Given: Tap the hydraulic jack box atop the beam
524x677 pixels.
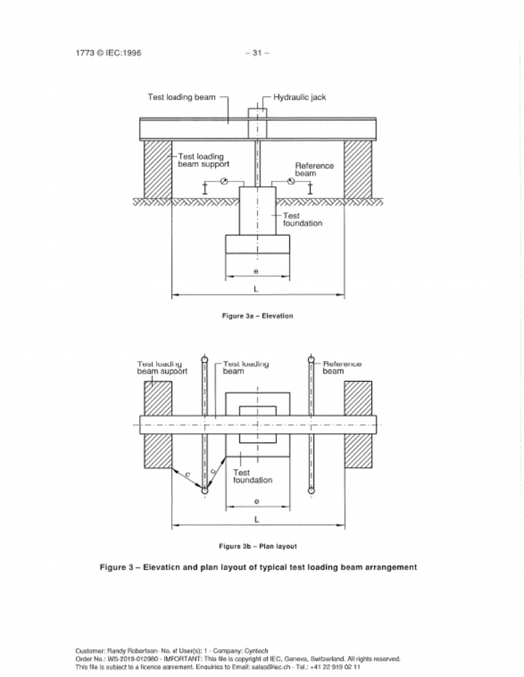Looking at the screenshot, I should (x=257, y=112).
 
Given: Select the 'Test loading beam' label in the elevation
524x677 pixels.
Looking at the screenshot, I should (x=181, y=97).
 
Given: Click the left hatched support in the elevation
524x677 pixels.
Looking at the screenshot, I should (x=157, y=167).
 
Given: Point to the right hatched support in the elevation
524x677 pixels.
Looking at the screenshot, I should (x=358, y=167).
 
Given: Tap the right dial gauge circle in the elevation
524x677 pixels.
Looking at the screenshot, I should (x=291, y=181).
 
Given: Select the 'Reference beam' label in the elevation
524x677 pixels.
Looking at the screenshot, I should (x=314, y=169).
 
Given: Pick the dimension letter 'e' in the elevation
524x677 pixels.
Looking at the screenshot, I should (x=256, y=271).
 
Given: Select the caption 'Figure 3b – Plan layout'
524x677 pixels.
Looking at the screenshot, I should (x=257, y=546).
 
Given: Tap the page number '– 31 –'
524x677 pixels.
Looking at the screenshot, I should (x=257, y=53).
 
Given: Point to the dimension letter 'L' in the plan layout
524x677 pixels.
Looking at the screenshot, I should (x=257, y=520).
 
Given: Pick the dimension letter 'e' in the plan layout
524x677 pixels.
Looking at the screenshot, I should (x=256, y=501).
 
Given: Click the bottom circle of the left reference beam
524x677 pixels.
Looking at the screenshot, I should (x=204, y=490).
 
